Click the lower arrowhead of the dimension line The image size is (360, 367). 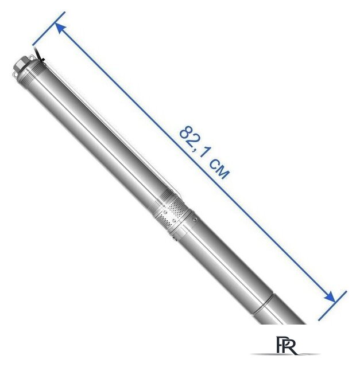330,297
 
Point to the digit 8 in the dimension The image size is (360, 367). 187,134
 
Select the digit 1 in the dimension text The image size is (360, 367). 204,154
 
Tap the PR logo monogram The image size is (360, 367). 287,346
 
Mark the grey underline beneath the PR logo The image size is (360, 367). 285,354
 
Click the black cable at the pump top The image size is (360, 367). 39,55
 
